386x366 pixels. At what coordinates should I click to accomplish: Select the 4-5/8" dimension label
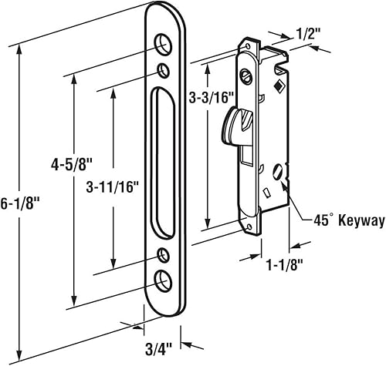pyautogui.click(x=72, y=165)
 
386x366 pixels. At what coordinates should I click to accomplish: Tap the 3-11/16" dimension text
pyautogui.click(x=113, y=187)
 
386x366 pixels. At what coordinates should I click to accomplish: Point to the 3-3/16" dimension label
pyautogui.click(x=212, y=98)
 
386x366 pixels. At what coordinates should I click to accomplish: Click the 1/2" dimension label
pyautogui.click(x=307, y=33)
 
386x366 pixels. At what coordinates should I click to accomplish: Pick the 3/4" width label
pyautogui.click(x=158, y=350)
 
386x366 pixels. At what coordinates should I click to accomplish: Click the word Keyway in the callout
pyautogui.click(x=361, y=221)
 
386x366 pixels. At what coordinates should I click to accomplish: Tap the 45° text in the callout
pyautogui.click(x=322, y=220)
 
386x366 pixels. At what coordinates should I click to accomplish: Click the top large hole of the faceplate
pyautogui.click(x=163, y=44)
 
